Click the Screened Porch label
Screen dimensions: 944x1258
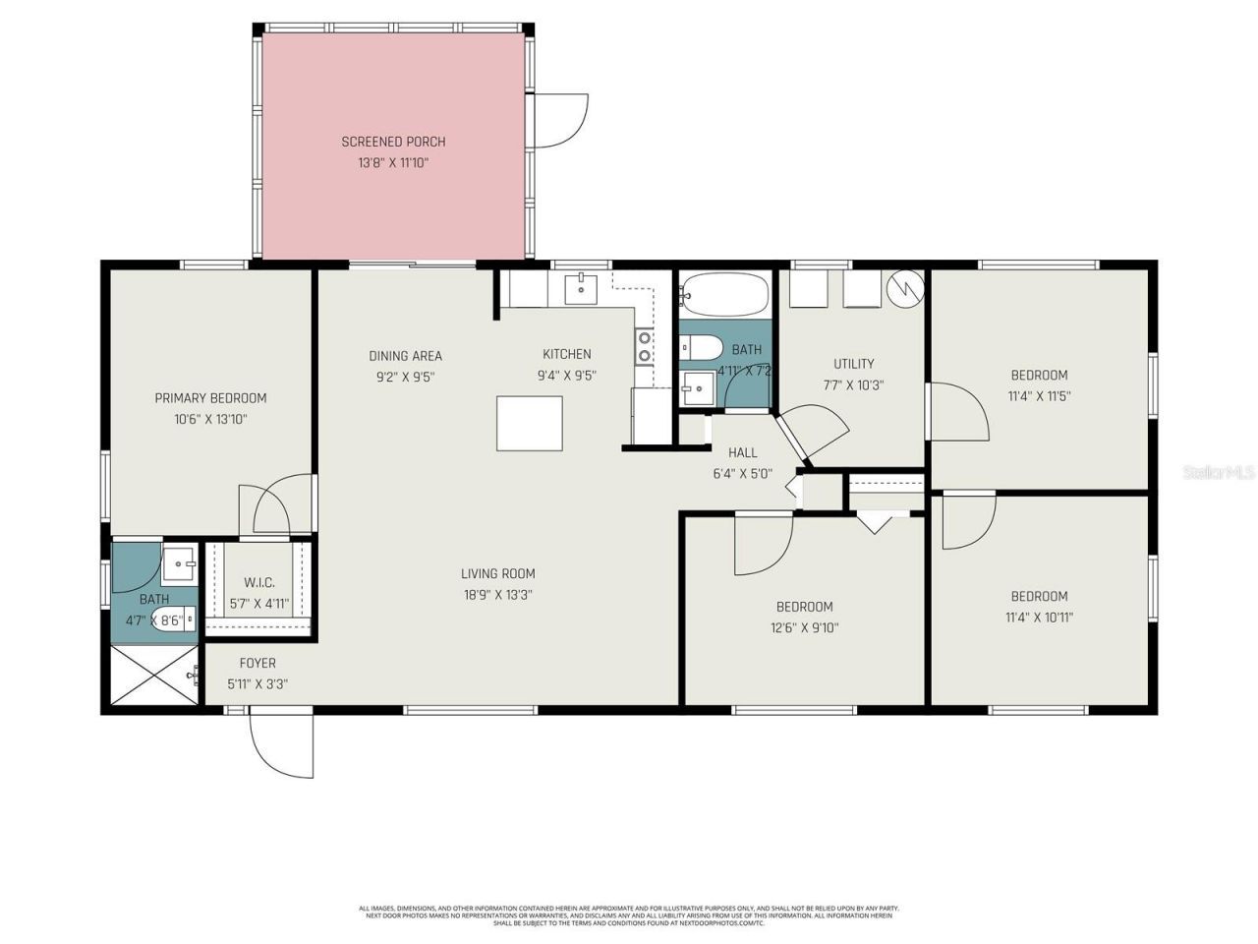tap(393, 142)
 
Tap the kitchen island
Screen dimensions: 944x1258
tap(530, 423)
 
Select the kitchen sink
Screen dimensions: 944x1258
tap(582, 287)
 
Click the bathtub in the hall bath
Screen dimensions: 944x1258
tap(724, 292)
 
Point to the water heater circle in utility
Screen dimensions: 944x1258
tap(905, 287)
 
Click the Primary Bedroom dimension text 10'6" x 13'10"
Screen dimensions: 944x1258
tap(210, 419)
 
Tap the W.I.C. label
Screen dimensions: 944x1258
tap(259, 582)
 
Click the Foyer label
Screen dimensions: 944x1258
tap(257, 663)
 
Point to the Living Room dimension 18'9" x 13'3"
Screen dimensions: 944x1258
tap(498, 595)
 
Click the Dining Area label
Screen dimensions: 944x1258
tap(405, 356)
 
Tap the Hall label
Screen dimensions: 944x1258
tap(742, 452)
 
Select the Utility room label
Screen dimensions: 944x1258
tap(853, 364)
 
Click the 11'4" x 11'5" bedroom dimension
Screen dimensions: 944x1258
tap(1039, 396)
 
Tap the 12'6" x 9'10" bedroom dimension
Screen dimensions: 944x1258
tap(804, 628)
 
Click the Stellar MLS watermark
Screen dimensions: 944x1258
tap(1218, 473)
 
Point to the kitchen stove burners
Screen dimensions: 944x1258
tap(645, 346)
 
